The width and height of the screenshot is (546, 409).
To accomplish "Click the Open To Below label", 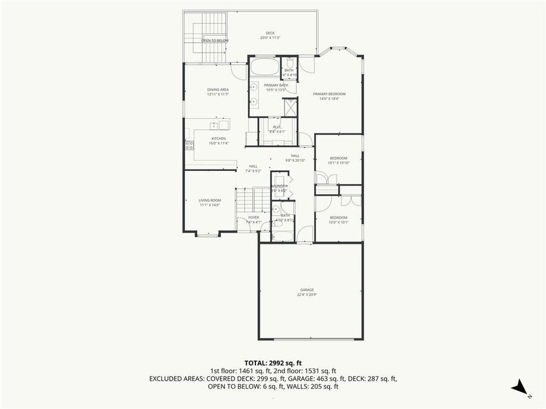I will [215, 41].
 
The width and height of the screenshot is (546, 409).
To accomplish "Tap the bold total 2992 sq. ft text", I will [273, 362].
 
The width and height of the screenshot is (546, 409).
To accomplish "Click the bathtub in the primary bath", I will [264, 66].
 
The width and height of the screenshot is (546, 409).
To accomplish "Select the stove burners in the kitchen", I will [189, 145].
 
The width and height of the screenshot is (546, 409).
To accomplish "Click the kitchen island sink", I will [215, 125].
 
